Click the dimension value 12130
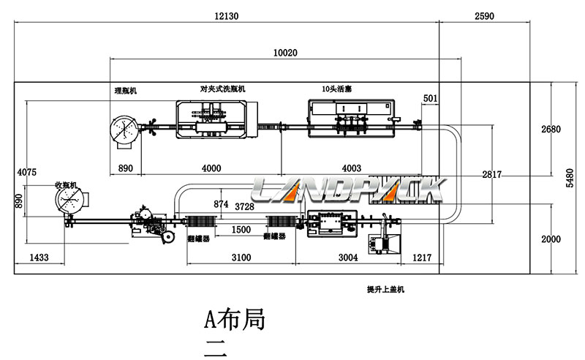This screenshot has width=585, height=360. (x=227, y=15)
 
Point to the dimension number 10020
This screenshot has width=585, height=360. (x=285, y=53)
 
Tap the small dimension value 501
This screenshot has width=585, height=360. (x=431, y=97)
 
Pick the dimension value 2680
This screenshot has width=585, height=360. (x=551, y=130)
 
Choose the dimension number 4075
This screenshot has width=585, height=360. (x=26, y=173)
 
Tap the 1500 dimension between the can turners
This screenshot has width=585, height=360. (x=241, y=230)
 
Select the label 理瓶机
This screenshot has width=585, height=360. (x=125, y=91)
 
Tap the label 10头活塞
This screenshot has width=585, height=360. (x=337, y=89)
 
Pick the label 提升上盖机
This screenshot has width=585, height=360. (x=385, y=290)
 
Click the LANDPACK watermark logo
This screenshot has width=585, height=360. (x=347, y=190)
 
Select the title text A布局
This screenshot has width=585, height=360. (x=233, y=320)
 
